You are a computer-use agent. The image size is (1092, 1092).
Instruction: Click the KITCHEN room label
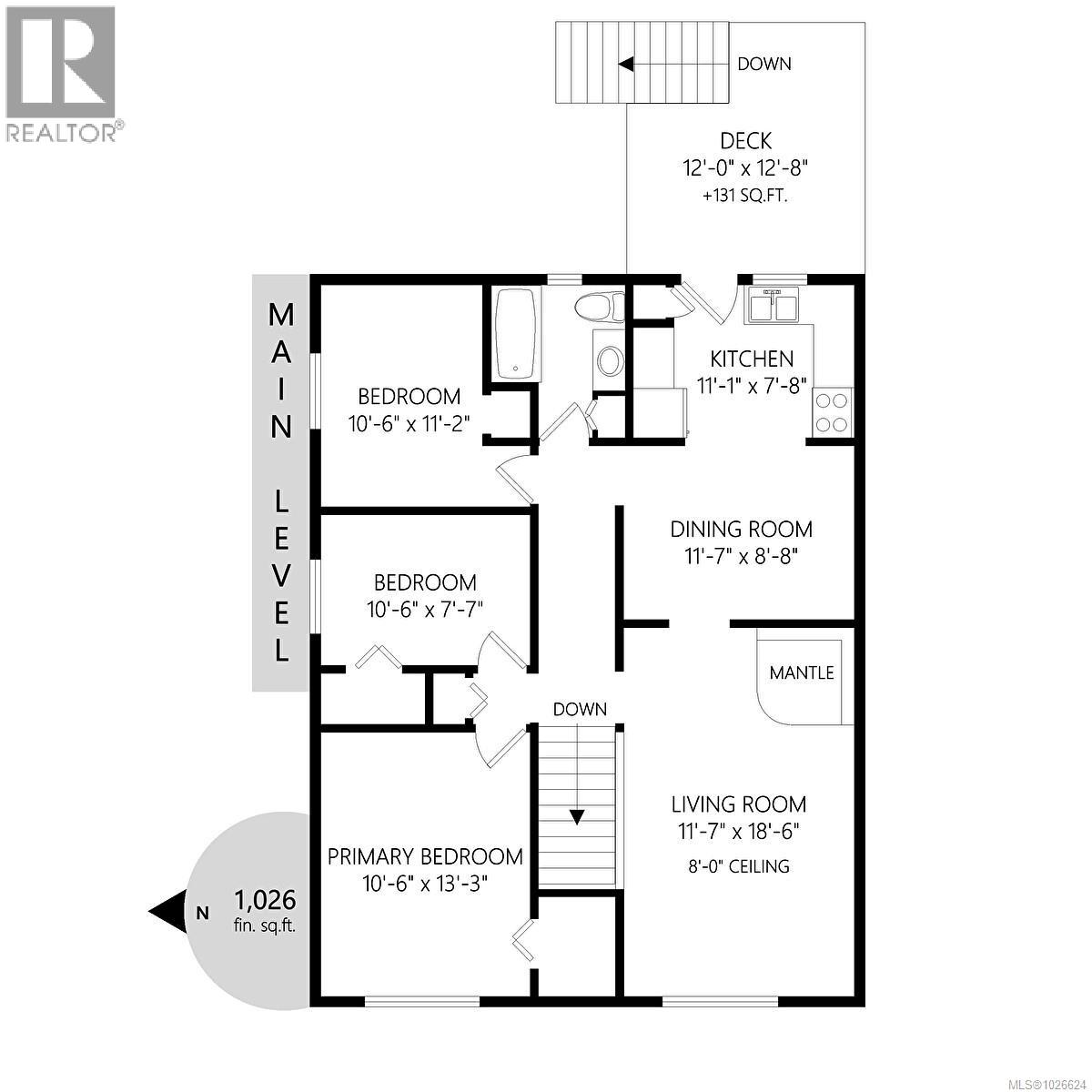pos(752,359)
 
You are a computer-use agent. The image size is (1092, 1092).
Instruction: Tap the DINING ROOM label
pos(742,529)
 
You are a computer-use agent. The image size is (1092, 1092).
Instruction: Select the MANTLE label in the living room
pos(801,673)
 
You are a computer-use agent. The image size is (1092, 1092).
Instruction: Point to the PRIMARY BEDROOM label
pos(425,856)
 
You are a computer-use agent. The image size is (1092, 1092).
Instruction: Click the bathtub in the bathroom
pos(517,334)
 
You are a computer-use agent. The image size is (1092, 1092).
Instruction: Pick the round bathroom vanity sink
pos(609,361)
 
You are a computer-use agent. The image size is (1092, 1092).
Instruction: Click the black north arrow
pos(170,911)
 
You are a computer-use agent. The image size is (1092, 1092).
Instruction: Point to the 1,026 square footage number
pos(265,900)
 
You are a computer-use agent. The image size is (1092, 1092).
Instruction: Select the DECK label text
pos(745,141)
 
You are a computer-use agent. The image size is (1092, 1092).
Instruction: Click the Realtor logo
pos(62,73)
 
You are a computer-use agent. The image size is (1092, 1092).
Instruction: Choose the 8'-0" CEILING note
pos(739,866)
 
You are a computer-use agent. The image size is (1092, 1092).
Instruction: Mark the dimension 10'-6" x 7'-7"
pos(425,610)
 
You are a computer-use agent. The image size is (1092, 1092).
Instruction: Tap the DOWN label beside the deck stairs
pos(763,64)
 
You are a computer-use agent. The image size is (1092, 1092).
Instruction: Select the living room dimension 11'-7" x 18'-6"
pos(739,832)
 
